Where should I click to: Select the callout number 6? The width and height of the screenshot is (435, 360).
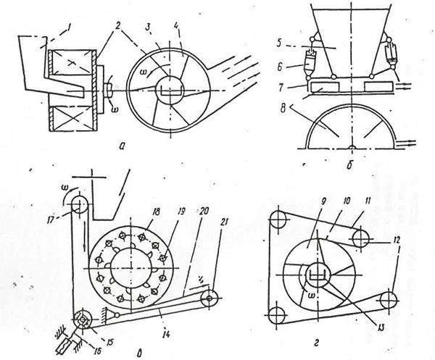[x=279, y=67]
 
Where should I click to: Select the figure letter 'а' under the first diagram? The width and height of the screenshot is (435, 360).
[x=121, y=146]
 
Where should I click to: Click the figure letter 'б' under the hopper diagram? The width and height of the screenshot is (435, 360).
[x=349, y=164]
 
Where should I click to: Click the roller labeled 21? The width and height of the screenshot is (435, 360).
[x=210, y=298]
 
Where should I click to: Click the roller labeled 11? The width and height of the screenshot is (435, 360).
[x=360, y=238]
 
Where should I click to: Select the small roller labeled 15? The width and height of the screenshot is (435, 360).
[x=83, y=320]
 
